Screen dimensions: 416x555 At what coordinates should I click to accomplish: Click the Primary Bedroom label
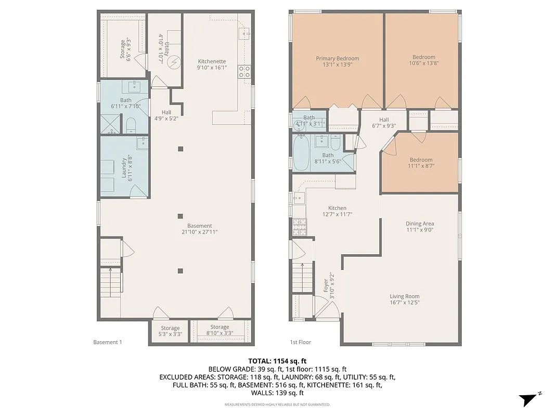(337, 59)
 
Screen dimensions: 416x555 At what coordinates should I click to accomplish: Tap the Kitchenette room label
(212, 61)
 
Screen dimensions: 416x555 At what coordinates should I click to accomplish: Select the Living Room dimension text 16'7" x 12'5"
(404, 303)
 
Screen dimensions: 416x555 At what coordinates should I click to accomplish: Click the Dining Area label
(420, 224)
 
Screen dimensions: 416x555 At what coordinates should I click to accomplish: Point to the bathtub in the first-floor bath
(301, 153)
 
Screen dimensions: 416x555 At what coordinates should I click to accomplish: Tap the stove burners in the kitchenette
(244, 71)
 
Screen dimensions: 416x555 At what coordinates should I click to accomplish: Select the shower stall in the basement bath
(110, 125)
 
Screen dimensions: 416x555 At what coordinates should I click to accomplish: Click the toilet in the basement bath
(131, 125)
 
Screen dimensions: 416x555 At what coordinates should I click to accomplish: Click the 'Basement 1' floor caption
(107, 342)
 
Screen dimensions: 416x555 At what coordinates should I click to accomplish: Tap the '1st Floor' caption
(300, 342)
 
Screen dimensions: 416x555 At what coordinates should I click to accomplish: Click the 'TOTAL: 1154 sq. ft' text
(277, 360)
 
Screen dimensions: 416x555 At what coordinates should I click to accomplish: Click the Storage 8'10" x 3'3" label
(220, 330)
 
